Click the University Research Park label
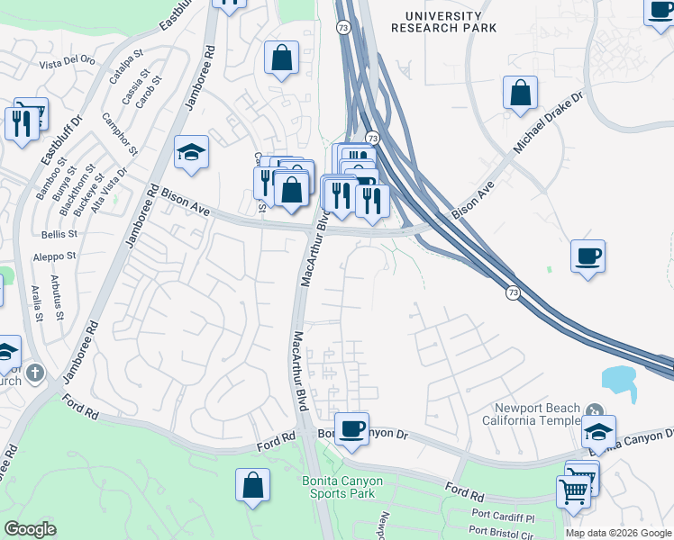pos(443,22)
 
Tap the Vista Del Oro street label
pos(67,62)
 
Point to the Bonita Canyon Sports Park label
pos(342,487)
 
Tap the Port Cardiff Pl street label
pos(503,518)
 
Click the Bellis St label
pos(59,233)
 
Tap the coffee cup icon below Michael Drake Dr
pos(587,257)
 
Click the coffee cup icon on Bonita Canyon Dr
pos(351,427)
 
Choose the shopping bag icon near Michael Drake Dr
pos(520,93)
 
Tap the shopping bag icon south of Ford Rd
pos(253,484)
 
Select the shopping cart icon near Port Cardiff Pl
pos(573,492)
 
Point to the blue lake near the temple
pos(619,383)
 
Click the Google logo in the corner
pos(30,529)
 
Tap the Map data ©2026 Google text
pos(618,533)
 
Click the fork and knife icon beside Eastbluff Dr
pos(22,122)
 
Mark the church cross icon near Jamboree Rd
pos(35,373)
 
